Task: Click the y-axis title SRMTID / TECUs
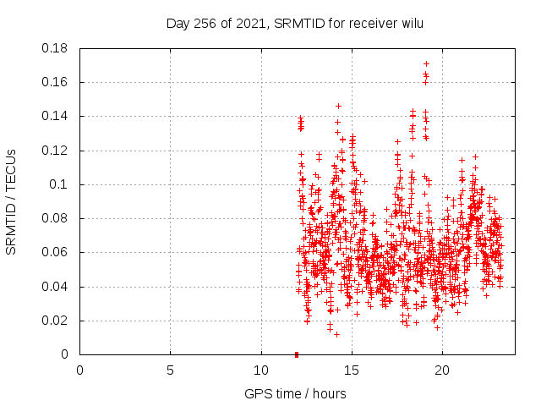(12, 202)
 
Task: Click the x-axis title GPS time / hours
(295, 394)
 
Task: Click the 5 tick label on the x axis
(170, 370)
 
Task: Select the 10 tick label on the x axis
(261, 370)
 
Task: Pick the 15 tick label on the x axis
(352, 370)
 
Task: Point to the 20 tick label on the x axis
(442, 370)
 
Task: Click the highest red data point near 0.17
(426, 63)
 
